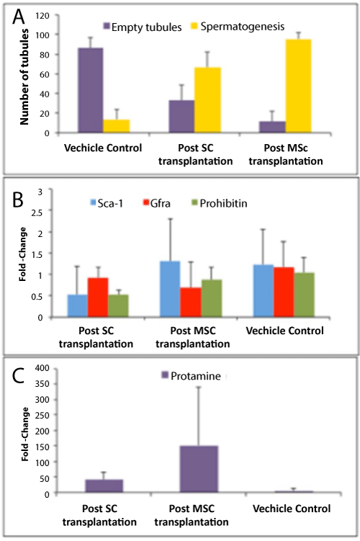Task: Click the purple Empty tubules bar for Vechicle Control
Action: tap(90, 90)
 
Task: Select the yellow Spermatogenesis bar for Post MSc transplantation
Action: tap(298, 86)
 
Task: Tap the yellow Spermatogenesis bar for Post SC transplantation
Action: tap(207, 100)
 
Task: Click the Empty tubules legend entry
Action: tap(143, 27)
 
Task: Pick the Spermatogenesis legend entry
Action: tap(238, 27)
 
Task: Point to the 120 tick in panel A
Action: tap(42, 16)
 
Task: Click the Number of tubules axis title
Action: tap(24, 76)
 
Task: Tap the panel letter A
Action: tap(19, 17)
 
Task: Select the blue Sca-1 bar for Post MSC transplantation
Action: tap(170, 289)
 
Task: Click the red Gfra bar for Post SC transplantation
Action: tap(98, 297)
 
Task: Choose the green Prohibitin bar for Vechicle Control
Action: tap(304, 295)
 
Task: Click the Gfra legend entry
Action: tap(157, 203)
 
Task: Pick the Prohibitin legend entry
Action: tap(219, 203)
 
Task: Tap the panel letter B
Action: tap(17, 200)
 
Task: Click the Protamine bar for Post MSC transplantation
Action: tap(199, 469)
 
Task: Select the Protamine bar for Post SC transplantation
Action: tap(104, 486)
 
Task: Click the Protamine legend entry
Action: tap(191, 375)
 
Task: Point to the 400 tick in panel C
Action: tap(42, 368)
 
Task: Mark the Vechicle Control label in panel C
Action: tap(292, 509)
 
